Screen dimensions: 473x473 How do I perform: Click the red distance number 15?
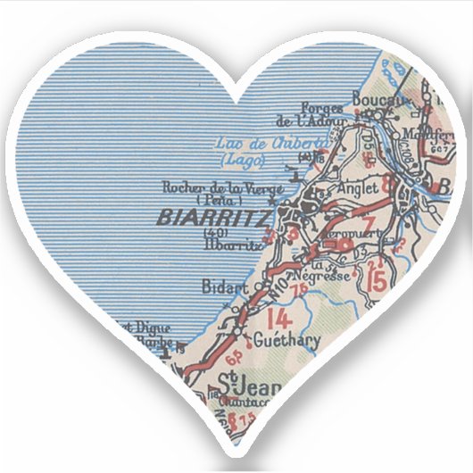pyautogui.click(x=378, y=278)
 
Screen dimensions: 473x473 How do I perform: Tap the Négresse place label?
pyautogui.click(x=332, y=276)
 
